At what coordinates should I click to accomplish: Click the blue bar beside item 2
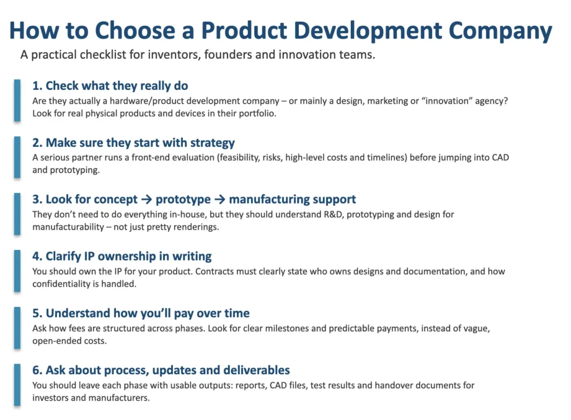click(x=17, y=157)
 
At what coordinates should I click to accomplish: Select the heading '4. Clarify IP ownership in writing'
click(x=122, y=257)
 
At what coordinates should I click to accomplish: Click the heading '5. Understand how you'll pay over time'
click(x=141, y=313)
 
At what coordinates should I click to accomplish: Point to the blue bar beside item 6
click(x=17, y=384)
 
